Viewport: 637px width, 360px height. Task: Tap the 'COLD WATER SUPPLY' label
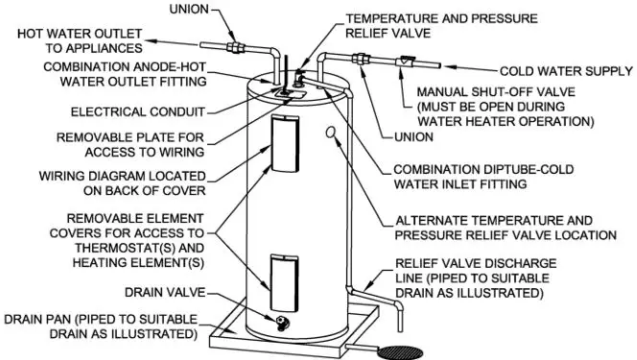(566, 71)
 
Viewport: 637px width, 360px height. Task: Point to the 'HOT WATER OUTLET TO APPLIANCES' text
(81, 39)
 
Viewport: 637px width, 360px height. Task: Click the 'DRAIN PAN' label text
(101, 326)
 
